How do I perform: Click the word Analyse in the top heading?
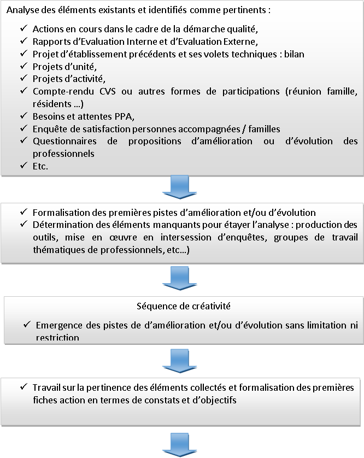(24, 10)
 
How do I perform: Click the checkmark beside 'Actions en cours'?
(23, 28)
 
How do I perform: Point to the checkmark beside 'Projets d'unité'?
(23, 66)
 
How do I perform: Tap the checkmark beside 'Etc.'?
(23, 166)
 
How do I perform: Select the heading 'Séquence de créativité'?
(182, 307)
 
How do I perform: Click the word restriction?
(57, 338)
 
